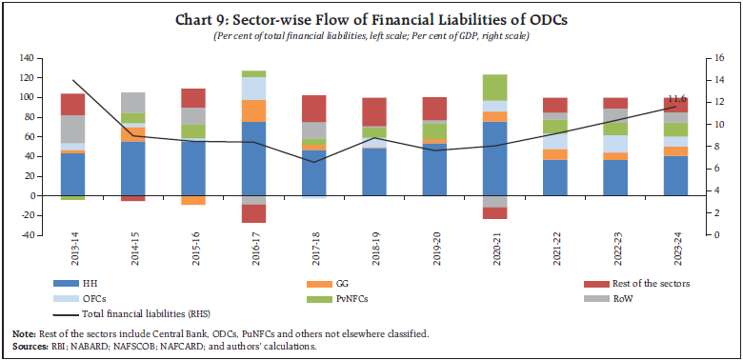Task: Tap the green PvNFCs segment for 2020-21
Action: point(493,87)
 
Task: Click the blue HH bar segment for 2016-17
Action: point(253,158)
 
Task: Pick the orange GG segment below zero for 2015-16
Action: point(193,200)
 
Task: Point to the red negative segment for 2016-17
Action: point(253,213)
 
